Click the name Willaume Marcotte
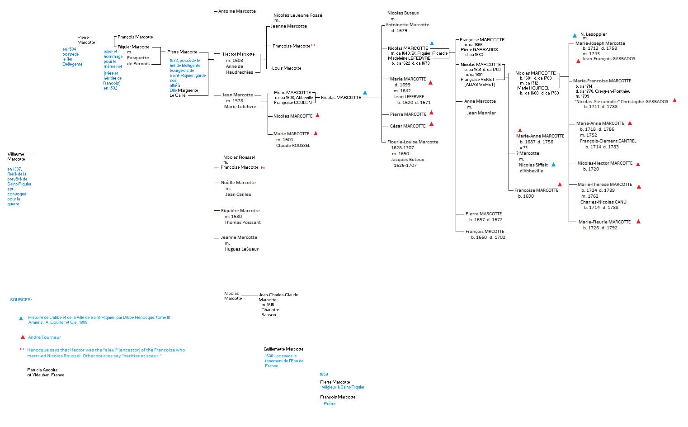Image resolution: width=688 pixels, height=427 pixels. [16, 157]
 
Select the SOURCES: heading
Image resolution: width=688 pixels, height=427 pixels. [21, 300]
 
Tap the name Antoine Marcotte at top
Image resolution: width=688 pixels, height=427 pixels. [237, 11]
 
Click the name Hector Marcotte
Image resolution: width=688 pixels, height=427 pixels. [239, 54]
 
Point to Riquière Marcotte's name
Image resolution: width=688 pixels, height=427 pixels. [240, 211]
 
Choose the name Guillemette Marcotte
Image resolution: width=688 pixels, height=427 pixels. [283, 349]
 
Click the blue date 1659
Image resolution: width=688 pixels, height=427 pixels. [324, 375]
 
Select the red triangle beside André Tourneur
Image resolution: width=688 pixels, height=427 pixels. [23, 337]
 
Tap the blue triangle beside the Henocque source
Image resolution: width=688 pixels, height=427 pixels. [21, 318]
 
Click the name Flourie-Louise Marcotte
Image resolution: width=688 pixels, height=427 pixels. [413, 142]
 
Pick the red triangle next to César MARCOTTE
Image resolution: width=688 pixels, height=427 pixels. [431, 124]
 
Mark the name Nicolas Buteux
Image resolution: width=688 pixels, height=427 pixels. [403, 13]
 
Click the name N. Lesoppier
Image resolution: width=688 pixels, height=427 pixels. [594, 34]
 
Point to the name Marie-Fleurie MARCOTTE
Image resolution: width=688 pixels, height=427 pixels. [604, 222]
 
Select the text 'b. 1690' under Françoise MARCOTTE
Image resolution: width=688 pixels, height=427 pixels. [526, 196]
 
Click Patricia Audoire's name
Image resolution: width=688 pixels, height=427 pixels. [42, 370]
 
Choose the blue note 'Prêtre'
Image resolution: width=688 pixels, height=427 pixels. [330, 404]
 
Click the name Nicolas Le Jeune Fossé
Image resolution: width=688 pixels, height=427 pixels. [297, 15]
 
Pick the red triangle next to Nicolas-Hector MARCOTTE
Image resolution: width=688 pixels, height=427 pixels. [638, 164]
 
